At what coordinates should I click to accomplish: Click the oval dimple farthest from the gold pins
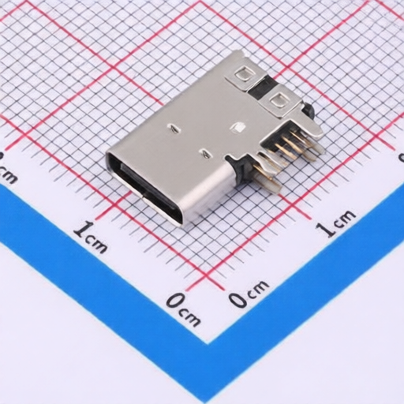click(173, 125)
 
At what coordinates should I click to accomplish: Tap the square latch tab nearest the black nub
click(278, 99)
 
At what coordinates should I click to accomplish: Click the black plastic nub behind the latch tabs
click(310, 113)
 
